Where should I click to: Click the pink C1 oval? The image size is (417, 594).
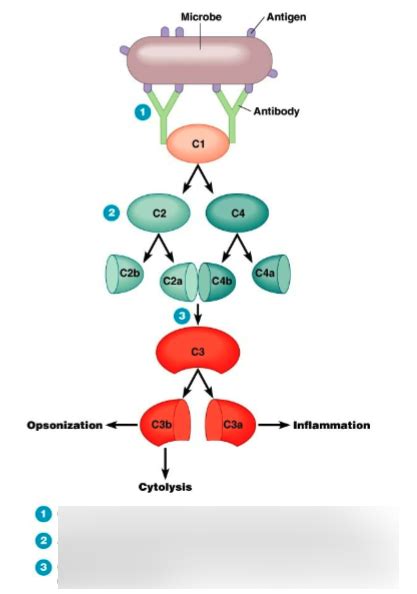[x=197, y=145]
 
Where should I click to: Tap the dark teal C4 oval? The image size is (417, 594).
[x=237, y=213]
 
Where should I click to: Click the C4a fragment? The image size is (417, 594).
[x=269, y=272]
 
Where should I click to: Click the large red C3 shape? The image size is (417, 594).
[x=197, y=351]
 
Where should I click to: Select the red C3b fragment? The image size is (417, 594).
[x=164, y=425]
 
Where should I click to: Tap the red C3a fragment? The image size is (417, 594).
[x=229, y=425]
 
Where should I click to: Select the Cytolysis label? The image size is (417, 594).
[x=164, y=487]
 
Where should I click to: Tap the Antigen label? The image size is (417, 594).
[x=286, y=17]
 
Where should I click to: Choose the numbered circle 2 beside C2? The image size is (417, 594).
[x=112, y=212]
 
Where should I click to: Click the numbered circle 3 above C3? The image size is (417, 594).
[x=181, y=316]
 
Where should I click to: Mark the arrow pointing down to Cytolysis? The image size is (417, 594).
[x=164, y=462]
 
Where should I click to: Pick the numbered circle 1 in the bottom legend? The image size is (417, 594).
[x=43, y=513]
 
